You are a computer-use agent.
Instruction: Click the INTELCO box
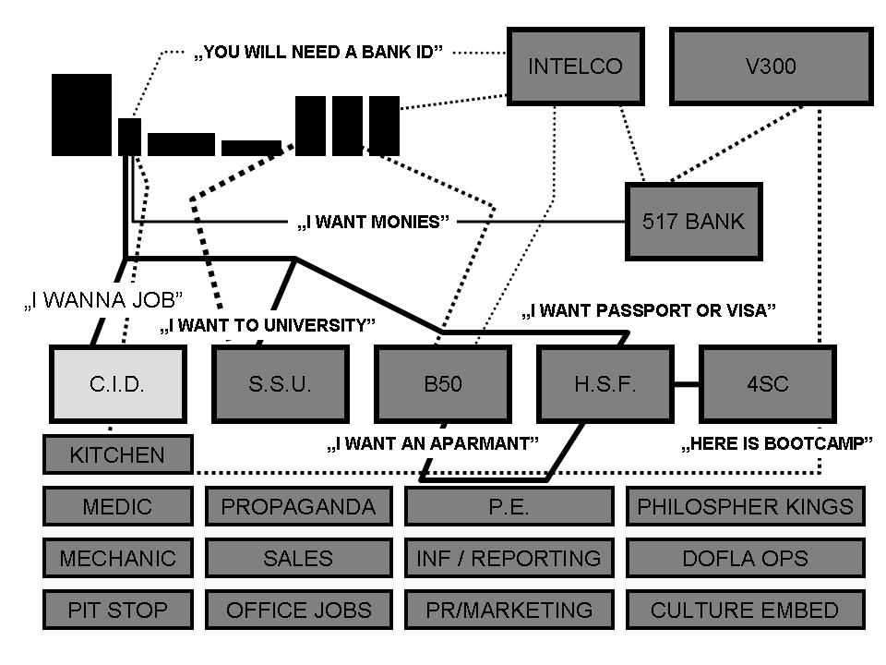[575, 66]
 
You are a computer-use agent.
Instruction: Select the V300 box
[771, 66]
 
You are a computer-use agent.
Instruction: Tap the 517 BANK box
[693, 222]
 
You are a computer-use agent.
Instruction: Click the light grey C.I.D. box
[117, 384]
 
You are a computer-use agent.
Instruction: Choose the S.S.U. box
[280, 384]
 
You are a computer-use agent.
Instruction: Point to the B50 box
[442, 384]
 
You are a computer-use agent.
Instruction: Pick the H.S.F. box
[605, 384]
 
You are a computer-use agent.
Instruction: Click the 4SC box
[767, 384]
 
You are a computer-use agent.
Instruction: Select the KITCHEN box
[117, 454]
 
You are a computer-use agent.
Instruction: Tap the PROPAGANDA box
[298, 506]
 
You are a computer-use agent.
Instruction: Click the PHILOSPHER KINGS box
[745, 506]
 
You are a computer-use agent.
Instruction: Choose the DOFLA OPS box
[745, 558]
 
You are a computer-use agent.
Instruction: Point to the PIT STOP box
[117, 610]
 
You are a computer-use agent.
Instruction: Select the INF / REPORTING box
[509, 558]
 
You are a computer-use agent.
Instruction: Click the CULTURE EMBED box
[745, 610]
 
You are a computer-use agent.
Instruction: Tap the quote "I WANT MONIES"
[373, 223]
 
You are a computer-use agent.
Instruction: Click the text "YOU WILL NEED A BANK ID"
[318, 53]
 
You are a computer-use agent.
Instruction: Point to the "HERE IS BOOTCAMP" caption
[776, 444]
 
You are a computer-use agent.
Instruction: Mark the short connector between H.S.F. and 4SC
[685, 383]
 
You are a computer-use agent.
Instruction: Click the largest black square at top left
[81, 115]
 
